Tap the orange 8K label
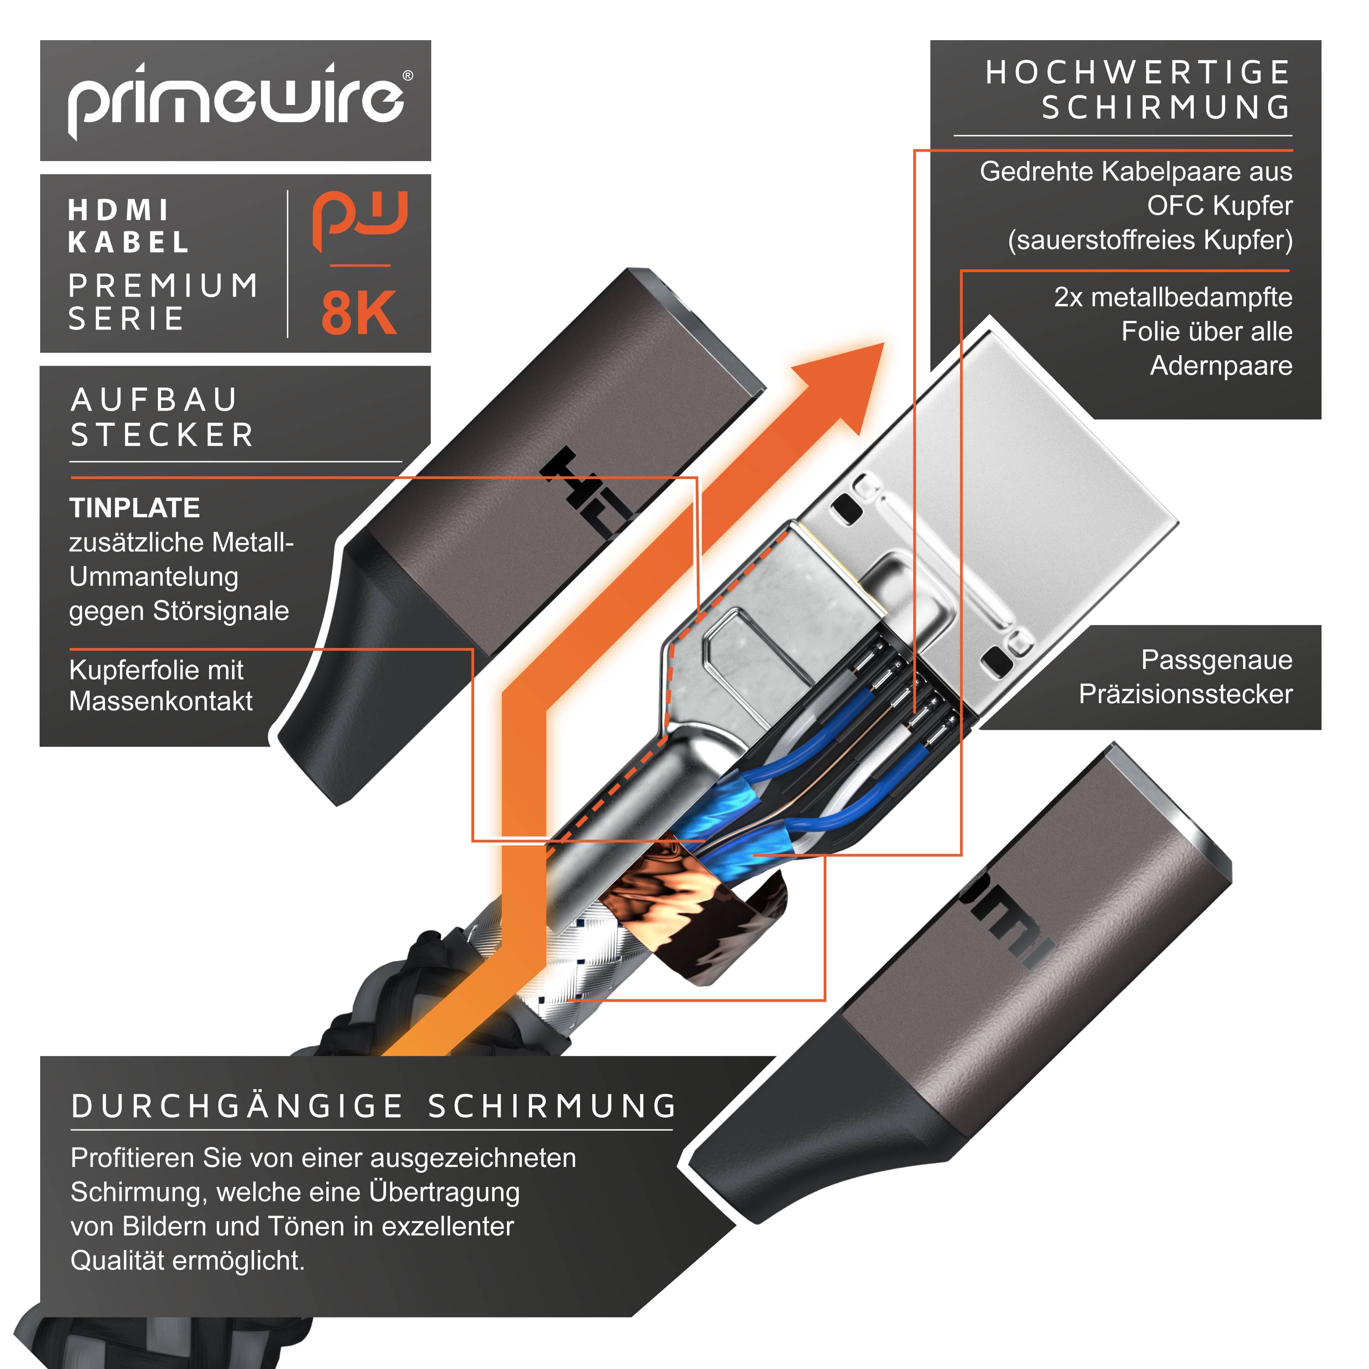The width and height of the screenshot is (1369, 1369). (x=359, y=313)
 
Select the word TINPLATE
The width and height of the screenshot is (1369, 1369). (x=135, y=508)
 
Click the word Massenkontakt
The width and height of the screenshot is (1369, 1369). (x=161, y=701)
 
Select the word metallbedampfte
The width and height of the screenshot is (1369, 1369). (x=1191, y=298)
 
